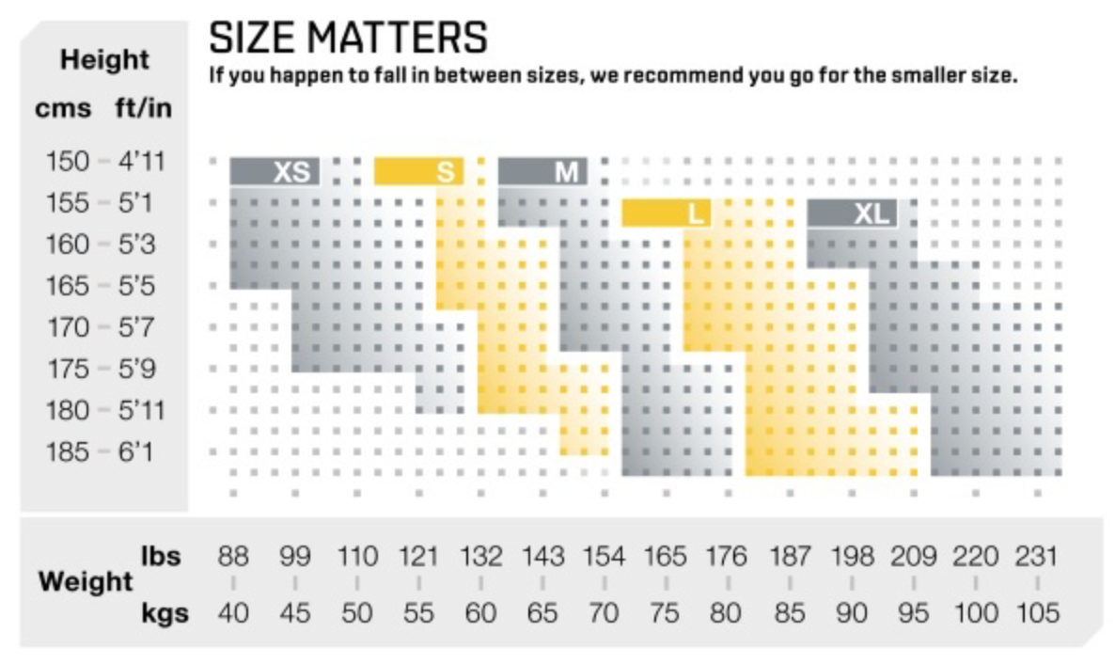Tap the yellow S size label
(446, 173)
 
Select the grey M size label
(566, 173)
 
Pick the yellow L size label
(696, 214)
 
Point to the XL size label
(871, 214)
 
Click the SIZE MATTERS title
(348, 39)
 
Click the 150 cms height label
(67, 162)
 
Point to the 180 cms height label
(67, 411)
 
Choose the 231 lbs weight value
(1037, 557)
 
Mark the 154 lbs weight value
(604, 557)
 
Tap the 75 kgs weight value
(665, 614)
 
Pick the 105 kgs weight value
(1037, 614)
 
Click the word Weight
(86, 582)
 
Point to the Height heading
(104, 60)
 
